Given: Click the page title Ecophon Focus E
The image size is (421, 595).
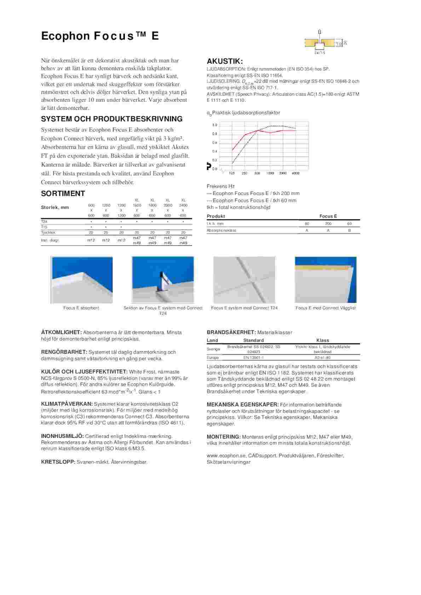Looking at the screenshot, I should click(x=100, y=36).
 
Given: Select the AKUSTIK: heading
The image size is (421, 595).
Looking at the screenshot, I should click(x=225, y=61).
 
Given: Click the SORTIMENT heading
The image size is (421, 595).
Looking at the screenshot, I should click(x=63, y=193).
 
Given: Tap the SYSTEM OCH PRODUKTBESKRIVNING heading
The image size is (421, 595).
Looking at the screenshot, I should click(x=112, y=119).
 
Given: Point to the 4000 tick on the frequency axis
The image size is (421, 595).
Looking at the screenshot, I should click(x=295, y=173).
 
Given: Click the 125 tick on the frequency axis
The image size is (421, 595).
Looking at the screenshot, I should click(x=232, y=173).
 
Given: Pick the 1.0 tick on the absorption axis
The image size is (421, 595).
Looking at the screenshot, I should click(x=214, y=125).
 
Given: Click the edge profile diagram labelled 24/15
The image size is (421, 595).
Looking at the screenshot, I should click(x=320, y=43).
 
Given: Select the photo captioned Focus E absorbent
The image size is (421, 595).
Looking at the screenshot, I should click(x=82, y=279).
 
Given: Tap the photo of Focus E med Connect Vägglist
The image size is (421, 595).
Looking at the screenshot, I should click(x=325, y=279).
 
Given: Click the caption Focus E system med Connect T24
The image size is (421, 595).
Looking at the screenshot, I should click(x=244, y=308).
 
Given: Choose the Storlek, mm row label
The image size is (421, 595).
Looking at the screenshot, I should click(x=55, y=207).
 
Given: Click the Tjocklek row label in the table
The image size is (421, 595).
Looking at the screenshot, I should click(x=48, y=232).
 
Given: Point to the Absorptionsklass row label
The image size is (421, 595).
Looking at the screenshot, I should click(x=221, y=230).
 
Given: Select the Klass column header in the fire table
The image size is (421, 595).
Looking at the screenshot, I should click(x=323, y=340).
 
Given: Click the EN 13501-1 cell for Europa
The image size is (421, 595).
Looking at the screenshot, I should click(x=253, y=358).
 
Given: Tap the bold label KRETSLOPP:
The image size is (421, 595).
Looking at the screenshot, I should click(x=58, y=462).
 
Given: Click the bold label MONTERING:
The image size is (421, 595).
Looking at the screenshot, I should click(x=224, y=437).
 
